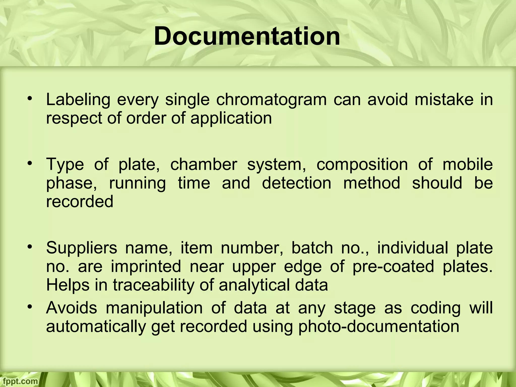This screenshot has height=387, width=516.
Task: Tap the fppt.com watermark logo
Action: coord(19,381)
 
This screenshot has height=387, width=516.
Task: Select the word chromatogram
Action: coord(271,100)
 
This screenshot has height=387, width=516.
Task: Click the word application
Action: coord(231,118)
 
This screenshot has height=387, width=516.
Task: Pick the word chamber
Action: coord(204,165)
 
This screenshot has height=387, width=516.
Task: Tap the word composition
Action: coord(362,165)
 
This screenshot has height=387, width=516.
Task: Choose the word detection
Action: coord(297,183)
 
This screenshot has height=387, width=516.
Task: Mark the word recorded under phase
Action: coord(80,202)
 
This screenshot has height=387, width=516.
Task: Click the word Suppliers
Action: coord(82,248)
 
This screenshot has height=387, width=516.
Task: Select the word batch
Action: coord(312,248)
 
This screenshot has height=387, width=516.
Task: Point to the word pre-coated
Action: coord(393,267)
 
